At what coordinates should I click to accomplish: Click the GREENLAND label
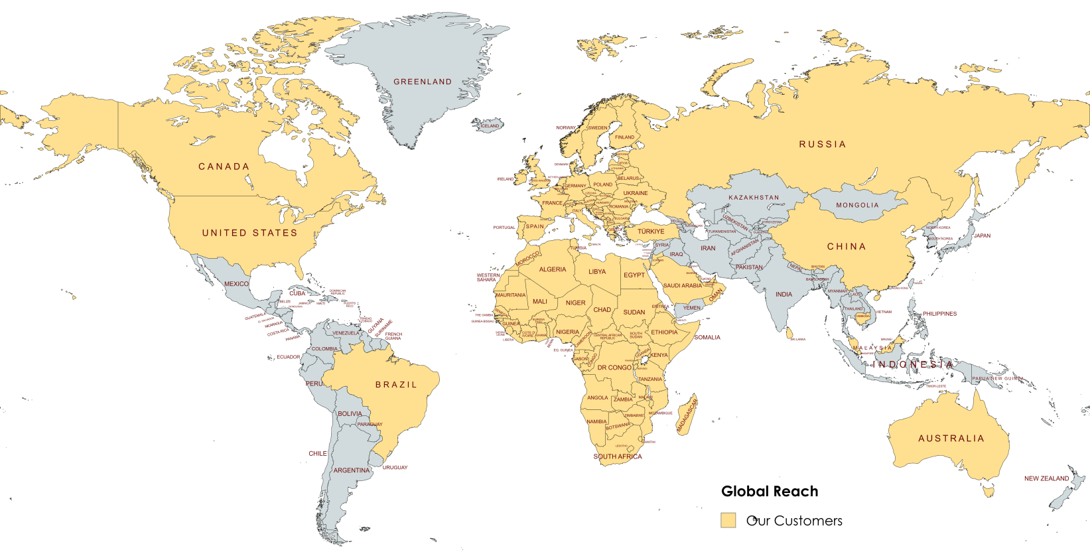click(x=422, y=82)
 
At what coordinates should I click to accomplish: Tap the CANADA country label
click(x=224, y=167)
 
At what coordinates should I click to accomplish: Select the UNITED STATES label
click(x=249, y=233)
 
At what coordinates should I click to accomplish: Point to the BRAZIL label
click(x=396, y=384)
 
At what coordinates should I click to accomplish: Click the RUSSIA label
click(x=822, y=144)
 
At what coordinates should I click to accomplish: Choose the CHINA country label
click(x=846, y=246)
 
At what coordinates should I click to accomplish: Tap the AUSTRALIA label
click(x=951, y=439)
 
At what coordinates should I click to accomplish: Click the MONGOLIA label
click(x=857, y=205)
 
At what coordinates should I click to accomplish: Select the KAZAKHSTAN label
click(x=754, y=198)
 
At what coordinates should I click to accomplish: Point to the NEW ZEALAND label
click(x=1046, y=478)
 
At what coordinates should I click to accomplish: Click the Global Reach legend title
click(x=770, y=492)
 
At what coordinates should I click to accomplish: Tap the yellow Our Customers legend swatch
click(x=728, y=520)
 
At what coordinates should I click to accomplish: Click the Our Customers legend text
click(x=794, y=521)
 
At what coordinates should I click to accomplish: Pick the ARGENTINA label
click(x=351, y=470)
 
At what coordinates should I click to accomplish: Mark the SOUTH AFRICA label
click(x=617, y=456)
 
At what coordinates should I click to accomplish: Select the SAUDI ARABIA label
click(x=682, y=285)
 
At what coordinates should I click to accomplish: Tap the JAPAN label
click(x=982, y=236)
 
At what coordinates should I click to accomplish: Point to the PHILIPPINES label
click(x=939, y=314)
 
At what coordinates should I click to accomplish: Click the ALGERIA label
click(x=552, y=269)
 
